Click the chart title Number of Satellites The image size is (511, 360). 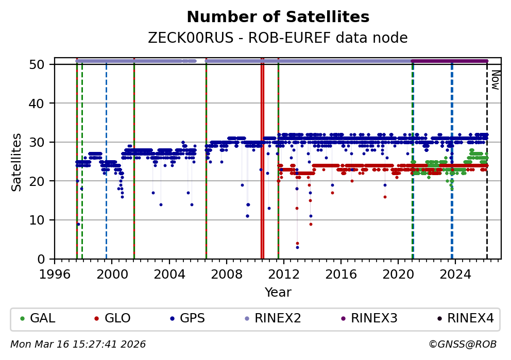(278, 17)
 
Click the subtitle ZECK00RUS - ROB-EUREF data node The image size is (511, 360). (278, 38)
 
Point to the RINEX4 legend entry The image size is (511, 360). (464, 318)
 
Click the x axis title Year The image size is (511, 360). (278, 293)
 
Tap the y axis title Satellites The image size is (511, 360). (17, 162)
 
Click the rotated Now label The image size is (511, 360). (495, 80)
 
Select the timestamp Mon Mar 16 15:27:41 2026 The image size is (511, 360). (78, 344)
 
